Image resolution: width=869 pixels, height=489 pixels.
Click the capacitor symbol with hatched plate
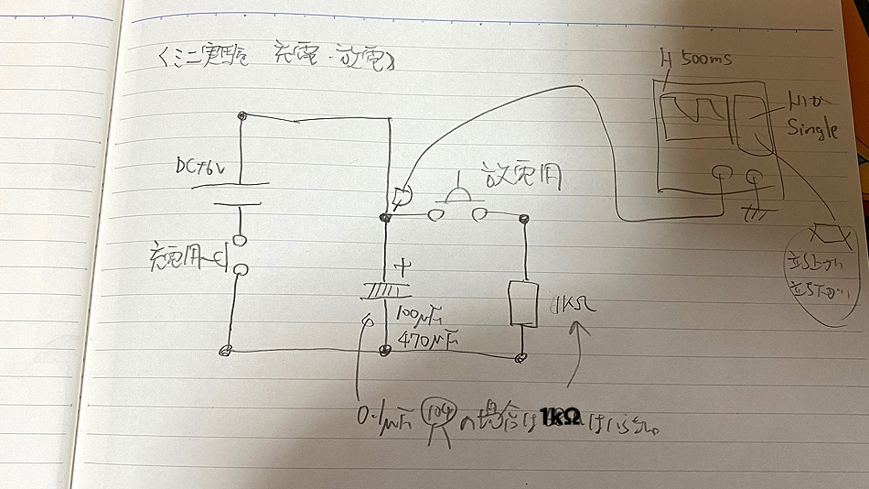(x=384, y=292)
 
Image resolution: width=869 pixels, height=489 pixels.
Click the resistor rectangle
(x=523, y=302)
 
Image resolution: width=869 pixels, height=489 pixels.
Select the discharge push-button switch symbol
(x=453, y=204)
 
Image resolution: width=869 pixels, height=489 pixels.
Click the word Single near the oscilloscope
(x=813, y=128)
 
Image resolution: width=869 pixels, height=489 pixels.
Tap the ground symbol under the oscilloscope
(x=755, y=212)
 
